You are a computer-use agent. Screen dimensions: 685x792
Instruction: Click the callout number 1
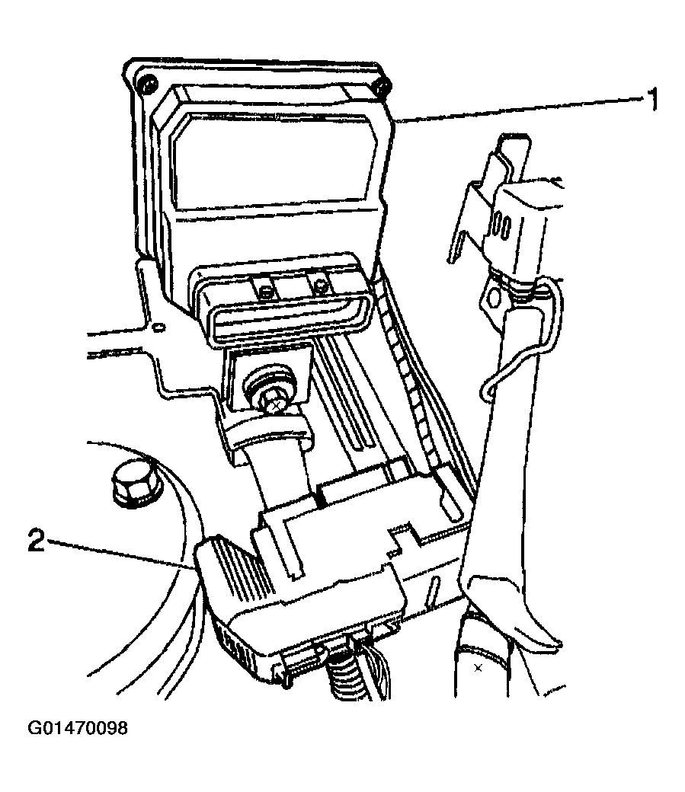(x=653, y=99)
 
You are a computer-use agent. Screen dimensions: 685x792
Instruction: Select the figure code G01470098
(x=78, y=728)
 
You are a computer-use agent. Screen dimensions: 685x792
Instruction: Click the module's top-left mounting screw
(x=148, y=84)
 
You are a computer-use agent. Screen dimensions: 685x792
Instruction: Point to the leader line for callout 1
(x=517, y=109)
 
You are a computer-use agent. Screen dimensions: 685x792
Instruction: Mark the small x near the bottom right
(x=478, y=669)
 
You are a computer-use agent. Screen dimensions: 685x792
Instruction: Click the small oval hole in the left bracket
(x=158, y=328)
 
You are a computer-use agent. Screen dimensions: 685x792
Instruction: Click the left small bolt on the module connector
(x=264, y=291)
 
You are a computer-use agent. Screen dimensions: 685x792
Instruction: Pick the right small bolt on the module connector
(x=319, y=287)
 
